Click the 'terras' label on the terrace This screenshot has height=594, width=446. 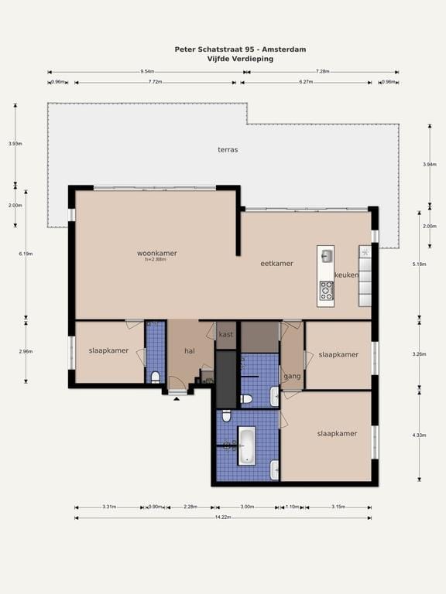pos(228,149)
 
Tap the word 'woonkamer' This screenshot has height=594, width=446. pos(156,253)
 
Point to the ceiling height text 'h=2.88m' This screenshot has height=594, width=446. pos(156,260)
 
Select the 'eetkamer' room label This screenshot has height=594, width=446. pos(276,264)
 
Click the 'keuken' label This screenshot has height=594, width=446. pos(346,275)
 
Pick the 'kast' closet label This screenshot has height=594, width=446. pos(226,335)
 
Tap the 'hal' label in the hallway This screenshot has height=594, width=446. pos(189,351)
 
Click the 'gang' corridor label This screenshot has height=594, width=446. pos(292,376)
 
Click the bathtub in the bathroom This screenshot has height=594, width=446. pos(247,445)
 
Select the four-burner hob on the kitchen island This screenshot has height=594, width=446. pos(326,290)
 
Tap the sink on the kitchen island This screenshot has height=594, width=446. pos(326,255)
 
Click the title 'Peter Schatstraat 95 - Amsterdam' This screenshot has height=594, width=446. pos(240,49)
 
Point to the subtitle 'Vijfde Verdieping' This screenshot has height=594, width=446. pos(240,58)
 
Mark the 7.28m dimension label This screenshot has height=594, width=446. pos(323,71)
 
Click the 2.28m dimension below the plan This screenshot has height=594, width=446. pos(190,507)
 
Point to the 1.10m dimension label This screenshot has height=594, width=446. pos(292,507)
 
